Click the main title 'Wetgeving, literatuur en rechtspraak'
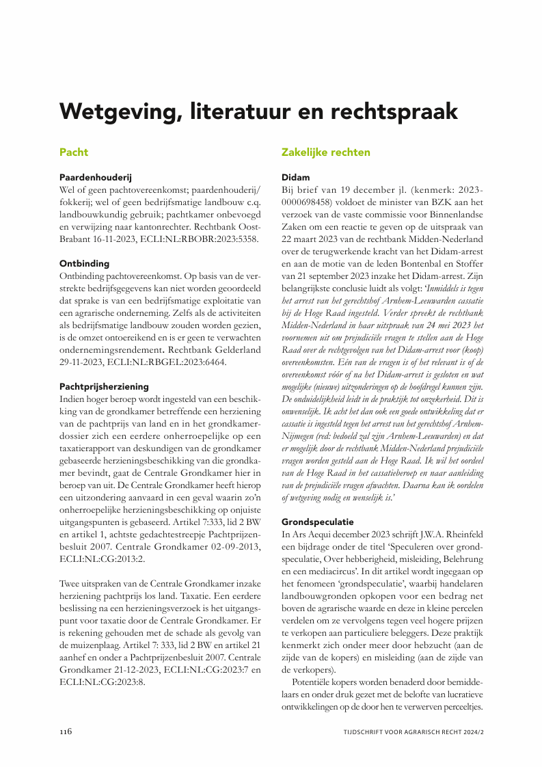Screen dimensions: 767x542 tap(258, 111)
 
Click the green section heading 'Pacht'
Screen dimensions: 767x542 tap(74, 152)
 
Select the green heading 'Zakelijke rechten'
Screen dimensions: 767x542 tap(326, 152)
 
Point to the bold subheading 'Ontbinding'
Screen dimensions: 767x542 tap(84, 263)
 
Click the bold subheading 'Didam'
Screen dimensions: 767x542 tap(295, 176)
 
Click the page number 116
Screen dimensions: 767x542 tap(66, 731)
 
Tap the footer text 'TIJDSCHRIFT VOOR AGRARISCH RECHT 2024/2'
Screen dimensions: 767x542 tap(414, 732)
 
